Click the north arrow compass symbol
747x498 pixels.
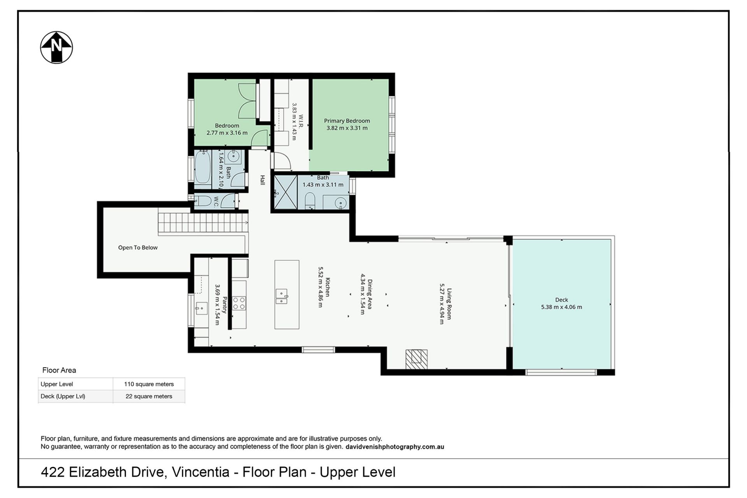click(x=56, y=47)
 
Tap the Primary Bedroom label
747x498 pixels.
click(x=347, y=121)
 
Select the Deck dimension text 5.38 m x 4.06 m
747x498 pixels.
click(x=561, y=307)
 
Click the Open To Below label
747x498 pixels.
click(x=138, y=247)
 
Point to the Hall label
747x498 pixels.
click(x=263, y=180)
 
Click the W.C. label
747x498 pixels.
click(x=216, y=201)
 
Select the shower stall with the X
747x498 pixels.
click(x=286, y=192)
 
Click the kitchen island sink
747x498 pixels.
click(x=281, y=296)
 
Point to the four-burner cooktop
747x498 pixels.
click(x=239, y=303)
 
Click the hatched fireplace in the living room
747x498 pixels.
click(x=416, y=359)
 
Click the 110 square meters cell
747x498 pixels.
click(x=149, y=384)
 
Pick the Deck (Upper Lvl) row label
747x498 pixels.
click(x=63, y=396)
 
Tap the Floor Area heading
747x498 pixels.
click(x=59, y=370)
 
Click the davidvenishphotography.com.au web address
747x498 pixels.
click(x=395, y=447)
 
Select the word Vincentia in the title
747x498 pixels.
click(x=200, y=472)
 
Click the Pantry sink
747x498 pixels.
click(x=202, y=308)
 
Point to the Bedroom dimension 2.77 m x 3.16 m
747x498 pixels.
click(x=227, y=133)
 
